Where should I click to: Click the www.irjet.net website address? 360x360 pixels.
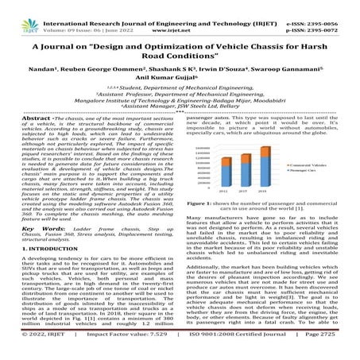180,21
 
